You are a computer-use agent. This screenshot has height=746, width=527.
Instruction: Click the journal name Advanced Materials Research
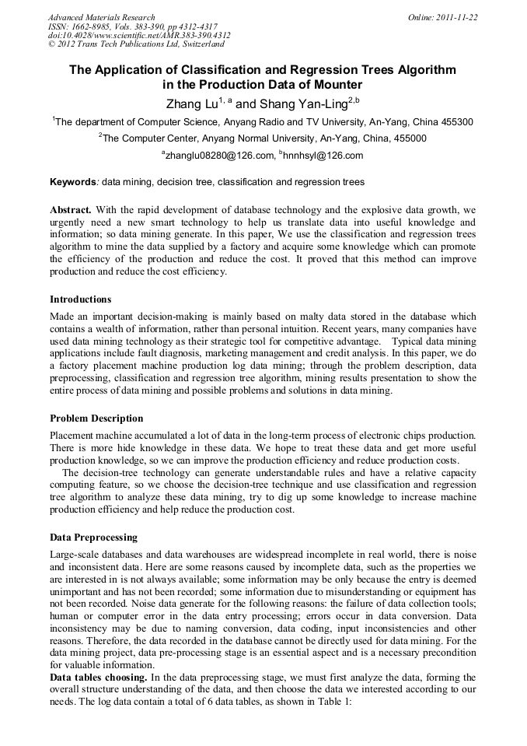click(101, 17)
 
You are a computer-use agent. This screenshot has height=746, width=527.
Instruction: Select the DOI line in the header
click(139, 35)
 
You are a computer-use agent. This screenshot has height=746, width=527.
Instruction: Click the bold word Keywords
click(73, 182)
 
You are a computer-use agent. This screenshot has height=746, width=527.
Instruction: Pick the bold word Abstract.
click(71, 211)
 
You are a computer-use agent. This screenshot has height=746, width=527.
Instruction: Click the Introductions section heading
click(81, 299)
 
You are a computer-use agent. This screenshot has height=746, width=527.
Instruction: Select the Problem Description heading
click(96, 419)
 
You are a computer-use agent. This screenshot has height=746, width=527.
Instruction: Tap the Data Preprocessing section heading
click(93, 538)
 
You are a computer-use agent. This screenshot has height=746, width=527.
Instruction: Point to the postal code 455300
click(454, 122)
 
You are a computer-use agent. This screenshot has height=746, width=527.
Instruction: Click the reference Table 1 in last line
click(333, 702)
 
